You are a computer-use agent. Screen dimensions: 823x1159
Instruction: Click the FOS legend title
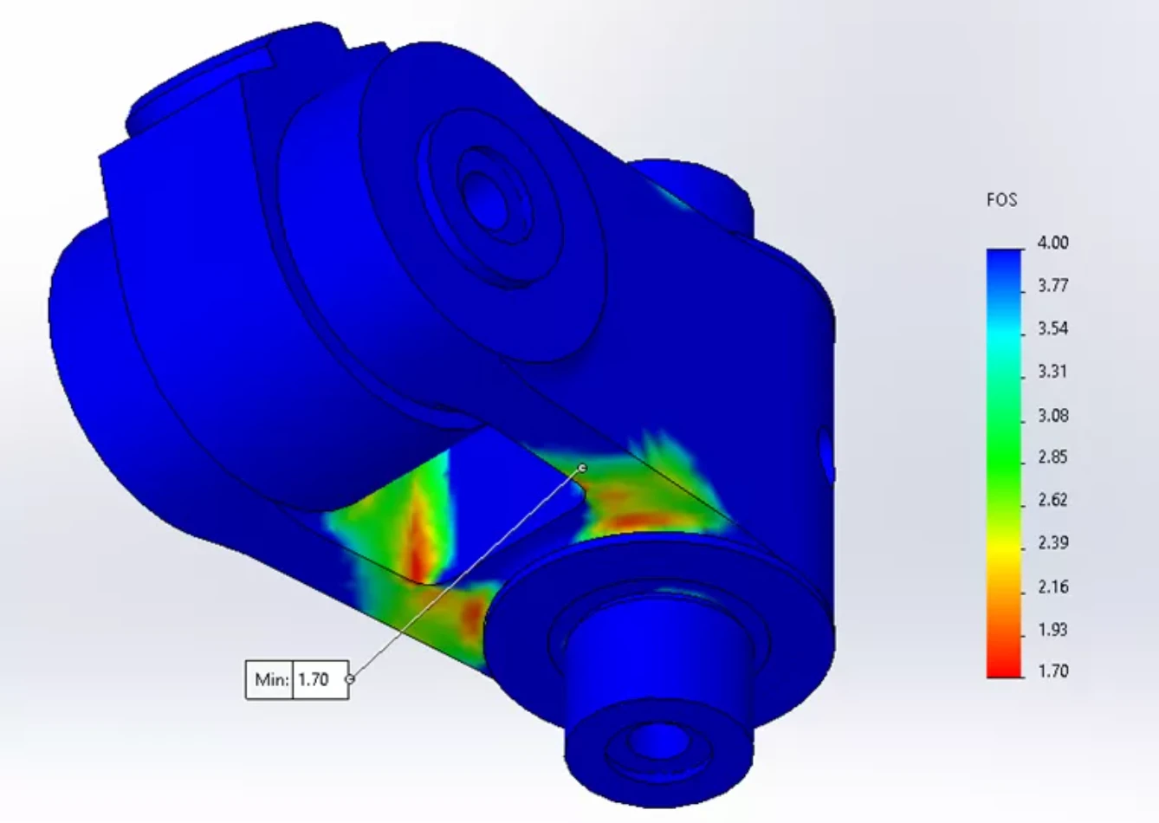pyautogui.click(x=1001, y=200)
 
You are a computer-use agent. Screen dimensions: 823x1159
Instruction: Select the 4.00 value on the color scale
pyautogui.click(x=1052, y=243)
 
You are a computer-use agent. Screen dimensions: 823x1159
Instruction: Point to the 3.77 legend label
pyautogui.click(x=1052, y=286)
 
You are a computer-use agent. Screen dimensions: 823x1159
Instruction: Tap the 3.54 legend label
pyautogui.click(x=1052, y=329)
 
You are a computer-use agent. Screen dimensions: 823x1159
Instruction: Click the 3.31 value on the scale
pyautogui.click(x=1052, y=373)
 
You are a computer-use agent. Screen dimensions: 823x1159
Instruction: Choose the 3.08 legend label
pyautogui.click(x=1052, y=416)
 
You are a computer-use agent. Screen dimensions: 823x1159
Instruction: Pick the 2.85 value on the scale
pyautogui.click(x=1052, y=457)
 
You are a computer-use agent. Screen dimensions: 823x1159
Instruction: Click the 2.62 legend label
pyautogui.click(x=1052, y=500)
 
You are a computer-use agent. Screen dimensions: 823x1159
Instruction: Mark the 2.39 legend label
pyautogui.click(x=1052, y=543)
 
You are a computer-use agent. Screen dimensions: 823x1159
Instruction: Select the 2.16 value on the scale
pyautogui.click(x=1052, y=586)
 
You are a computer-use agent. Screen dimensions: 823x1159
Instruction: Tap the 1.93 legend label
pyautogui.click(x=1052, y=630)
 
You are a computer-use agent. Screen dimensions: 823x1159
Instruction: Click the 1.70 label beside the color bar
pyautogui.click(x=1052, y=671)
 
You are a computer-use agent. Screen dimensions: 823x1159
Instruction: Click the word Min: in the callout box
pyautogui.click(x=271, y=680)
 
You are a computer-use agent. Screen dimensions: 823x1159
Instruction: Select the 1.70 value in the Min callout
pyautogui.click(x=314, y=680)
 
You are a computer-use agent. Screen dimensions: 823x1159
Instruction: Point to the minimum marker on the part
pyautogui.click(x=582, y=469)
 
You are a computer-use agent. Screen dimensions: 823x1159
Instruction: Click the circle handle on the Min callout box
pyautogui.click(x=350, y=680)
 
